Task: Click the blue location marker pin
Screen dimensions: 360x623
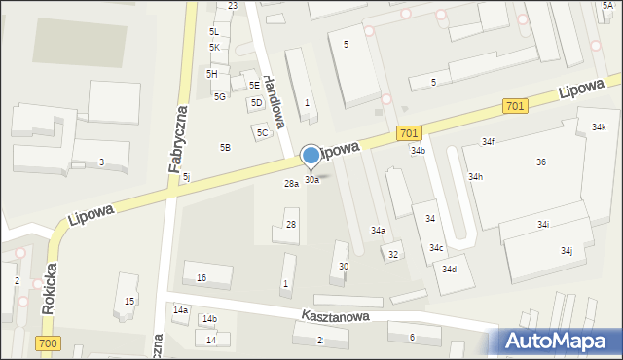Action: [x=311, y=156]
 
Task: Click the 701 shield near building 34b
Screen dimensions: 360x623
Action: [x=409, y=134]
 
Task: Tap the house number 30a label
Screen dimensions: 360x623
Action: [x=311, y=180]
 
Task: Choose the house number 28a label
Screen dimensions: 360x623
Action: [x=291, y=183]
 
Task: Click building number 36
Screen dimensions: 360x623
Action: [x=540, y=162]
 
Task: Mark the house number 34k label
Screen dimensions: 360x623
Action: [x=598, y=126]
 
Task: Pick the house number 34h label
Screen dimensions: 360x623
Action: [x=475, y=177]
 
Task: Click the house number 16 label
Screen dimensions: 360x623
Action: [x=202, y=278]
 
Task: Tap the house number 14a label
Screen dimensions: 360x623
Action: [x=180, y=309]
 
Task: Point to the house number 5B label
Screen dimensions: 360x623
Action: [x=225, y=148]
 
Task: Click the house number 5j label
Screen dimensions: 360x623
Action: [x=186, y=176]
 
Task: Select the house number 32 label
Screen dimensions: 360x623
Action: [x=393, y=255]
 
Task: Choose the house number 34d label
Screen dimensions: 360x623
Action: [x=449, y=269]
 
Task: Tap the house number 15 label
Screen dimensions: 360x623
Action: [x=129, y=302]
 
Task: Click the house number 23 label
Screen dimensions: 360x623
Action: [x=233, y=6]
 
